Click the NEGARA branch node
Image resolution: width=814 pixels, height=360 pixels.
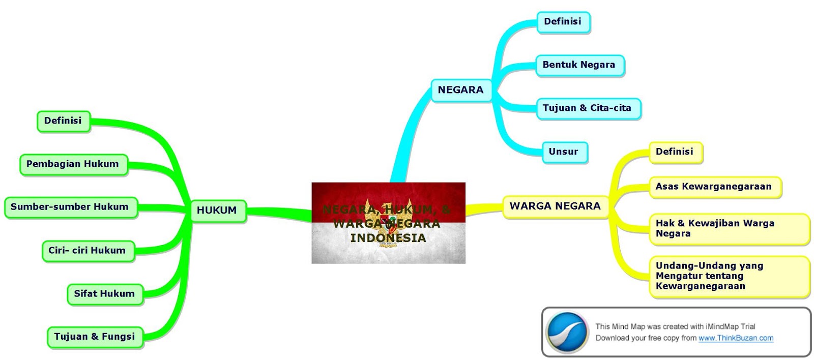pos(461,90)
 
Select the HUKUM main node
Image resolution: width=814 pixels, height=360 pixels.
pos(217,211)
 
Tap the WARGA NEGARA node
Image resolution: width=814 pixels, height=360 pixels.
pos(555,206)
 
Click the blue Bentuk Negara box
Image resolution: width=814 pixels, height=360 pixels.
pos(579,65)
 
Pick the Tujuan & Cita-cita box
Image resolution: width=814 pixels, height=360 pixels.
pos(588,108)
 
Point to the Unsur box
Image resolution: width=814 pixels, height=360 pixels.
pos(564,152)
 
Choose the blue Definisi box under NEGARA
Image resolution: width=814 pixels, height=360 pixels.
pos(563,22)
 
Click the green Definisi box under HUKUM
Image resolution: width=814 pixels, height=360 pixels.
pos(63,121)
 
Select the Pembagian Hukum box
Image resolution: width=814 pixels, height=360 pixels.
pos(73,164)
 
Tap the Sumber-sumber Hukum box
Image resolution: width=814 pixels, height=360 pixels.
pos(70,207)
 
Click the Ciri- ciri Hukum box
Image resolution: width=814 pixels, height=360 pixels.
pos(88,250)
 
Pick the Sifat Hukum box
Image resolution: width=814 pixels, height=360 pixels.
pos(105,293)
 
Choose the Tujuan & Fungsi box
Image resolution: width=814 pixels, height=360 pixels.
pos(95,337)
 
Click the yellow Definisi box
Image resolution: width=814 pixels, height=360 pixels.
pos(675,152)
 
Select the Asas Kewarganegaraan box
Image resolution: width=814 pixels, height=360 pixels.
pos(714,187)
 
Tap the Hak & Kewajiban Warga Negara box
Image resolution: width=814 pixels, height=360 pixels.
pos(729,229)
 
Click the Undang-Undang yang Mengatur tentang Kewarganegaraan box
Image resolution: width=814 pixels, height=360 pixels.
pos(729,276)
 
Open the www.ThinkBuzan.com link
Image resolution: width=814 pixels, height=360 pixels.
pos(736,338)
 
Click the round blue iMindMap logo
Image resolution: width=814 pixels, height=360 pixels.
pos(567,332)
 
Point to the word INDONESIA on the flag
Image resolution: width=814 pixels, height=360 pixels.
pos(388,238)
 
